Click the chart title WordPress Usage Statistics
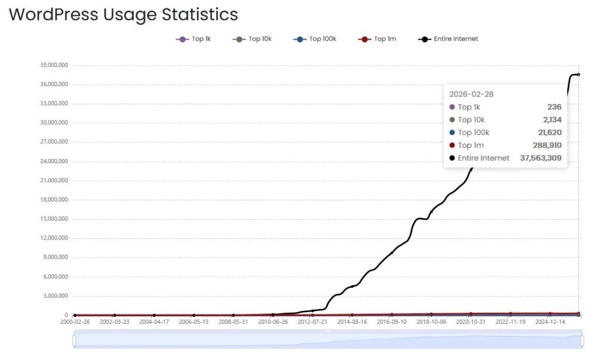pyautogui.click(x=123, y=15)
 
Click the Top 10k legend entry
pyautogui.click(x=253, y=39)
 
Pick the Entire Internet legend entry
pyautogui.click(x=448, y=39)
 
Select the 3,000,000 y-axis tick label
pyautogui.click(x=54, y=296)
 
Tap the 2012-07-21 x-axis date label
pyautogui.click(x=312, y=322)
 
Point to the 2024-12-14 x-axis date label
pyautogui.click(x=550, y=322)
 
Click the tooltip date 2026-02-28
pyautogui.click(x=472, y=94)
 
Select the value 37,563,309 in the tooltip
pyautogui.click(x=540, y=158)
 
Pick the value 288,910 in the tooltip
pyautogui.click(x=547, y=145)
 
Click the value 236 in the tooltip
pyautogui.click(x=554, y=107)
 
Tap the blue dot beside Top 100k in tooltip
pyautogui.click(x=452, y=132)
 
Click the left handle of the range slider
pyautogui.click(x=74, y=340)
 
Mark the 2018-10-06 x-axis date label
pyautogui.click(x=431, y=322)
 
